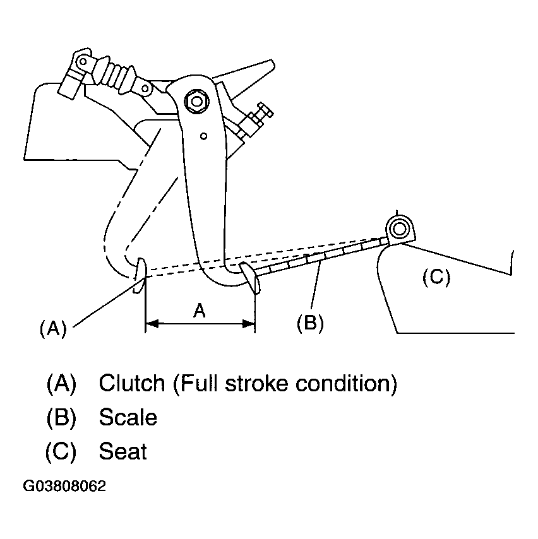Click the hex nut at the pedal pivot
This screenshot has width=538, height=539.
[196, 102]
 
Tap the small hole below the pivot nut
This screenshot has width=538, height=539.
[203, 136]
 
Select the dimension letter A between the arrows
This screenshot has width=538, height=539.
[200, 311]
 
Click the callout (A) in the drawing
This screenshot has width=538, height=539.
[53, 328]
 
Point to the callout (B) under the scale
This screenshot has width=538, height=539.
[310, 323]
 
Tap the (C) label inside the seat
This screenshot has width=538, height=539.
[436, 278]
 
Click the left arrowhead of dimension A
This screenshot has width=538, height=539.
[152, 324]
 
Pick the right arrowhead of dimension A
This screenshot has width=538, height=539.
[249, 324]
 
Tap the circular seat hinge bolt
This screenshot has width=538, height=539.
[399, 228]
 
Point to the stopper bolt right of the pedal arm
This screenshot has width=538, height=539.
[255, 120]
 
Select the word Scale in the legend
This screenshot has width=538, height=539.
[128, 417]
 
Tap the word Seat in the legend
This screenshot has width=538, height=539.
[123, 451]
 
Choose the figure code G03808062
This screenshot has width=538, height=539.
[64, 486]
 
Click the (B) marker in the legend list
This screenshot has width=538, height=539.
[61, 417]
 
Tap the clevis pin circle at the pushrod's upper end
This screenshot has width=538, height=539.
[83, 62]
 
